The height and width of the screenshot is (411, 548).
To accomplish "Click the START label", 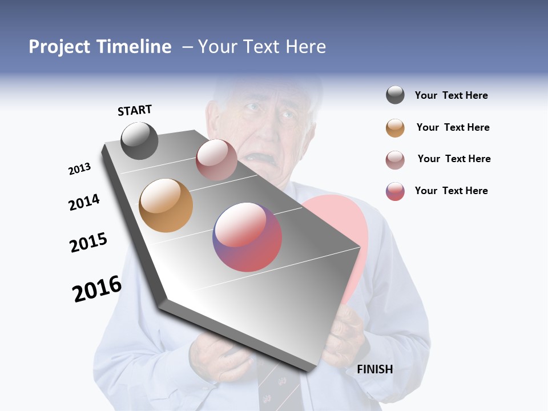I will tap(135, 110).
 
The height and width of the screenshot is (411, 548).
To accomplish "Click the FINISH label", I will tap(374, 369).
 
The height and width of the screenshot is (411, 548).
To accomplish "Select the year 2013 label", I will tap(79, 169).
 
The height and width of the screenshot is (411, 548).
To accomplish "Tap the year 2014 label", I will tap(84, 202).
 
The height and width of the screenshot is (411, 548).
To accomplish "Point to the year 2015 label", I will tap(88, 243).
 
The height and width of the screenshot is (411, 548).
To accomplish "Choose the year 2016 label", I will tap(97, 288).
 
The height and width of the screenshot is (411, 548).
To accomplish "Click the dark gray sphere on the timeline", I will tap(139, 141).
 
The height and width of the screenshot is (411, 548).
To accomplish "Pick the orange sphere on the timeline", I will tap(166, 205).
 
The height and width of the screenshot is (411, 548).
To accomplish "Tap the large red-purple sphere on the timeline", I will tap(247, 237).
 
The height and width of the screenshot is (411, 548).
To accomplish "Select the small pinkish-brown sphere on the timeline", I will tap(216, 160).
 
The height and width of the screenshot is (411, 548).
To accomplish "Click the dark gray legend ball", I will tap(395, 95).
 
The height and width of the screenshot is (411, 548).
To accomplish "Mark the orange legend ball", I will tap(395, 128).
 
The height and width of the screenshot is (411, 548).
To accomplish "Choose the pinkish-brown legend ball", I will tap(395, 159).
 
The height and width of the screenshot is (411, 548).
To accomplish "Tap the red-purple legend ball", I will tap(395, 191).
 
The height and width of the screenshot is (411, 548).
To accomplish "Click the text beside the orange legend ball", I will tap(453, 127).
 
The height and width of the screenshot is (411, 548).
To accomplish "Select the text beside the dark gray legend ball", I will tap(451, 95).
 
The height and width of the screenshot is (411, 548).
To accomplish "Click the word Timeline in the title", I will tap(134, 47).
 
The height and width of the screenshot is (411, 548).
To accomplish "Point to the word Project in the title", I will tap(60, 47).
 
